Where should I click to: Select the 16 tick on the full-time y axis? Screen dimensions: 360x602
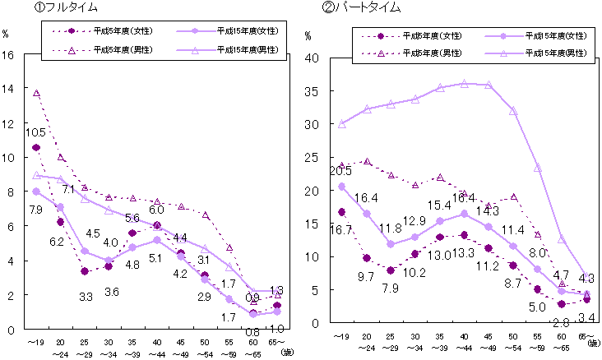pyautogui.click(x=9, y=55)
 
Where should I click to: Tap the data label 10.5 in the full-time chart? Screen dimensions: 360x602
pyautogui.click(x=35, y=132)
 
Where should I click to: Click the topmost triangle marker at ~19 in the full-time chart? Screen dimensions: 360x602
pyautogui.click(x=36, y=94)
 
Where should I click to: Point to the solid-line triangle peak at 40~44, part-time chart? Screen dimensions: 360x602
pyautogui.click(x=465, y=83)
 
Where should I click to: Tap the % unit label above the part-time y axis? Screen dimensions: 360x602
pyautogui.click(x=309, y=37)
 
